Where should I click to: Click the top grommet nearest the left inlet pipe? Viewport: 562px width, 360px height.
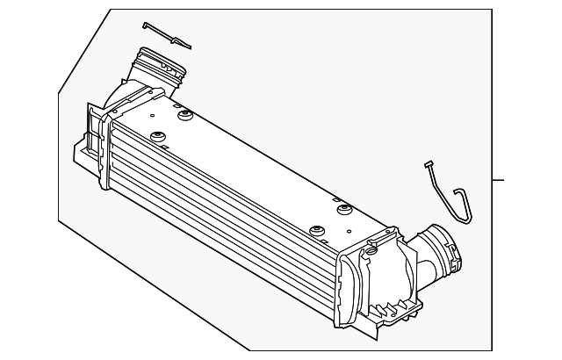pos(185,114)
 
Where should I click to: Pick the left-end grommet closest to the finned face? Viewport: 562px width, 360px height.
pos(159,136)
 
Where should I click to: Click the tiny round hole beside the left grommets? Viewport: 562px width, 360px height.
pos(152,114)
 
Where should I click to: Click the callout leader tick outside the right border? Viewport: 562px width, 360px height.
pos(498,180)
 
